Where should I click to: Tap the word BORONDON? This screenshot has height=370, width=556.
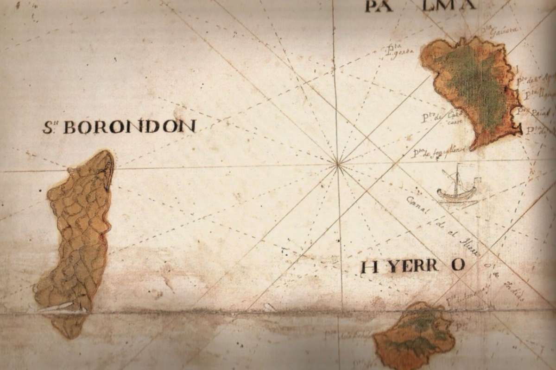(x=129, y=127)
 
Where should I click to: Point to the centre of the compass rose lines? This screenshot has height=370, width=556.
(x=338, y=163)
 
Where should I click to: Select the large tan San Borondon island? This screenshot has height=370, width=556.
(x=79, y=231)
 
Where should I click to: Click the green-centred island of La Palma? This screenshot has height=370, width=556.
(x=475, y=88)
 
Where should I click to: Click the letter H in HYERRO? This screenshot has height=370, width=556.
(x=369, y=267)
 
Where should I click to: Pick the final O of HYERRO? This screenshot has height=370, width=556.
(x=458, y=265)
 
